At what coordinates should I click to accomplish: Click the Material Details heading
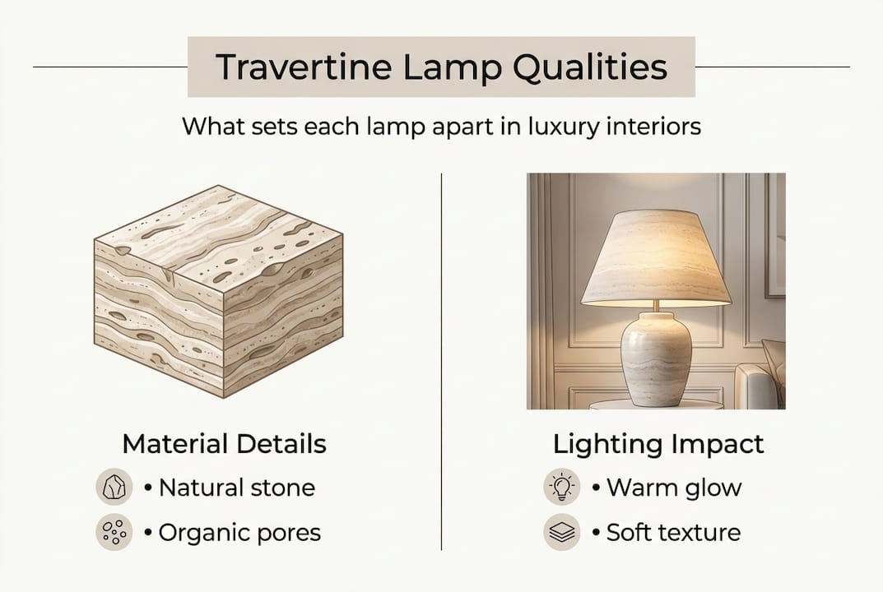pos(224,444)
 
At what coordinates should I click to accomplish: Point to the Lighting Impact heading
pos(658,444)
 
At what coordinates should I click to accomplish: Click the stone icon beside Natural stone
pos(114,488)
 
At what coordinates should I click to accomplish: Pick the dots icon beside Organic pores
pos(114,533)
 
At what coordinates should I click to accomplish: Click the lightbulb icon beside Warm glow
pos(562,488)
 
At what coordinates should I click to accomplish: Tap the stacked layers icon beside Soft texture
pos(562,533)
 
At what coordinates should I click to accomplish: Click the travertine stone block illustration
pos(218,292)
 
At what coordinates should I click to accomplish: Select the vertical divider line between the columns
pos(442,362)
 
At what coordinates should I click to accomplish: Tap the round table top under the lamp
pos(656,404)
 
